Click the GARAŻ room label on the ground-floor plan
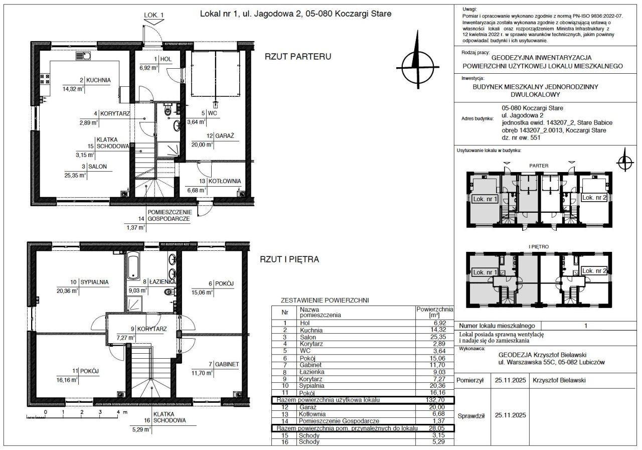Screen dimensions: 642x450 (224, 136)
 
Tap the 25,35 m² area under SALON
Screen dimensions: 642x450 (75, 176)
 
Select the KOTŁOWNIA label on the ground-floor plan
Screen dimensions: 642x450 (224, 181)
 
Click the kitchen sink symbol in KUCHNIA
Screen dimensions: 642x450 (83, 56)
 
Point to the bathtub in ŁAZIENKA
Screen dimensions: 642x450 (133, 266)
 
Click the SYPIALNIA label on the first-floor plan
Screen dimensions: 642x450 (94, 282)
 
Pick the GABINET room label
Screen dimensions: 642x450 (227, 364)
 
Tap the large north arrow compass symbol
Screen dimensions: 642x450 (418, 60)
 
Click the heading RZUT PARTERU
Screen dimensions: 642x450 (298, 57)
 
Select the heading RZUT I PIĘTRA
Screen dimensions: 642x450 (289, 259)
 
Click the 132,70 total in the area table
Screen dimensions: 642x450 (435, 400)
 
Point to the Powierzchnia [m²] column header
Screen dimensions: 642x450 (435, 312)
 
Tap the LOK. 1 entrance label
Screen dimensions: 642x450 (153, 15)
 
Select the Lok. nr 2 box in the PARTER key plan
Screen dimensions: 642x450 (594, 198)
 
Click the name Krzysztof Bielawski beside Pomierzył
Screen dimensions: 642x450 (559, 380)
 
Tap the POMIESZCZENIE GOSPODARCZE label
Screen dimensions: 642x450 (170, 216)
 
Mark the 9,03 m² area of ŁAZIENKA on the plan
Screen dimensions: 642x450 (137, 290)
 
